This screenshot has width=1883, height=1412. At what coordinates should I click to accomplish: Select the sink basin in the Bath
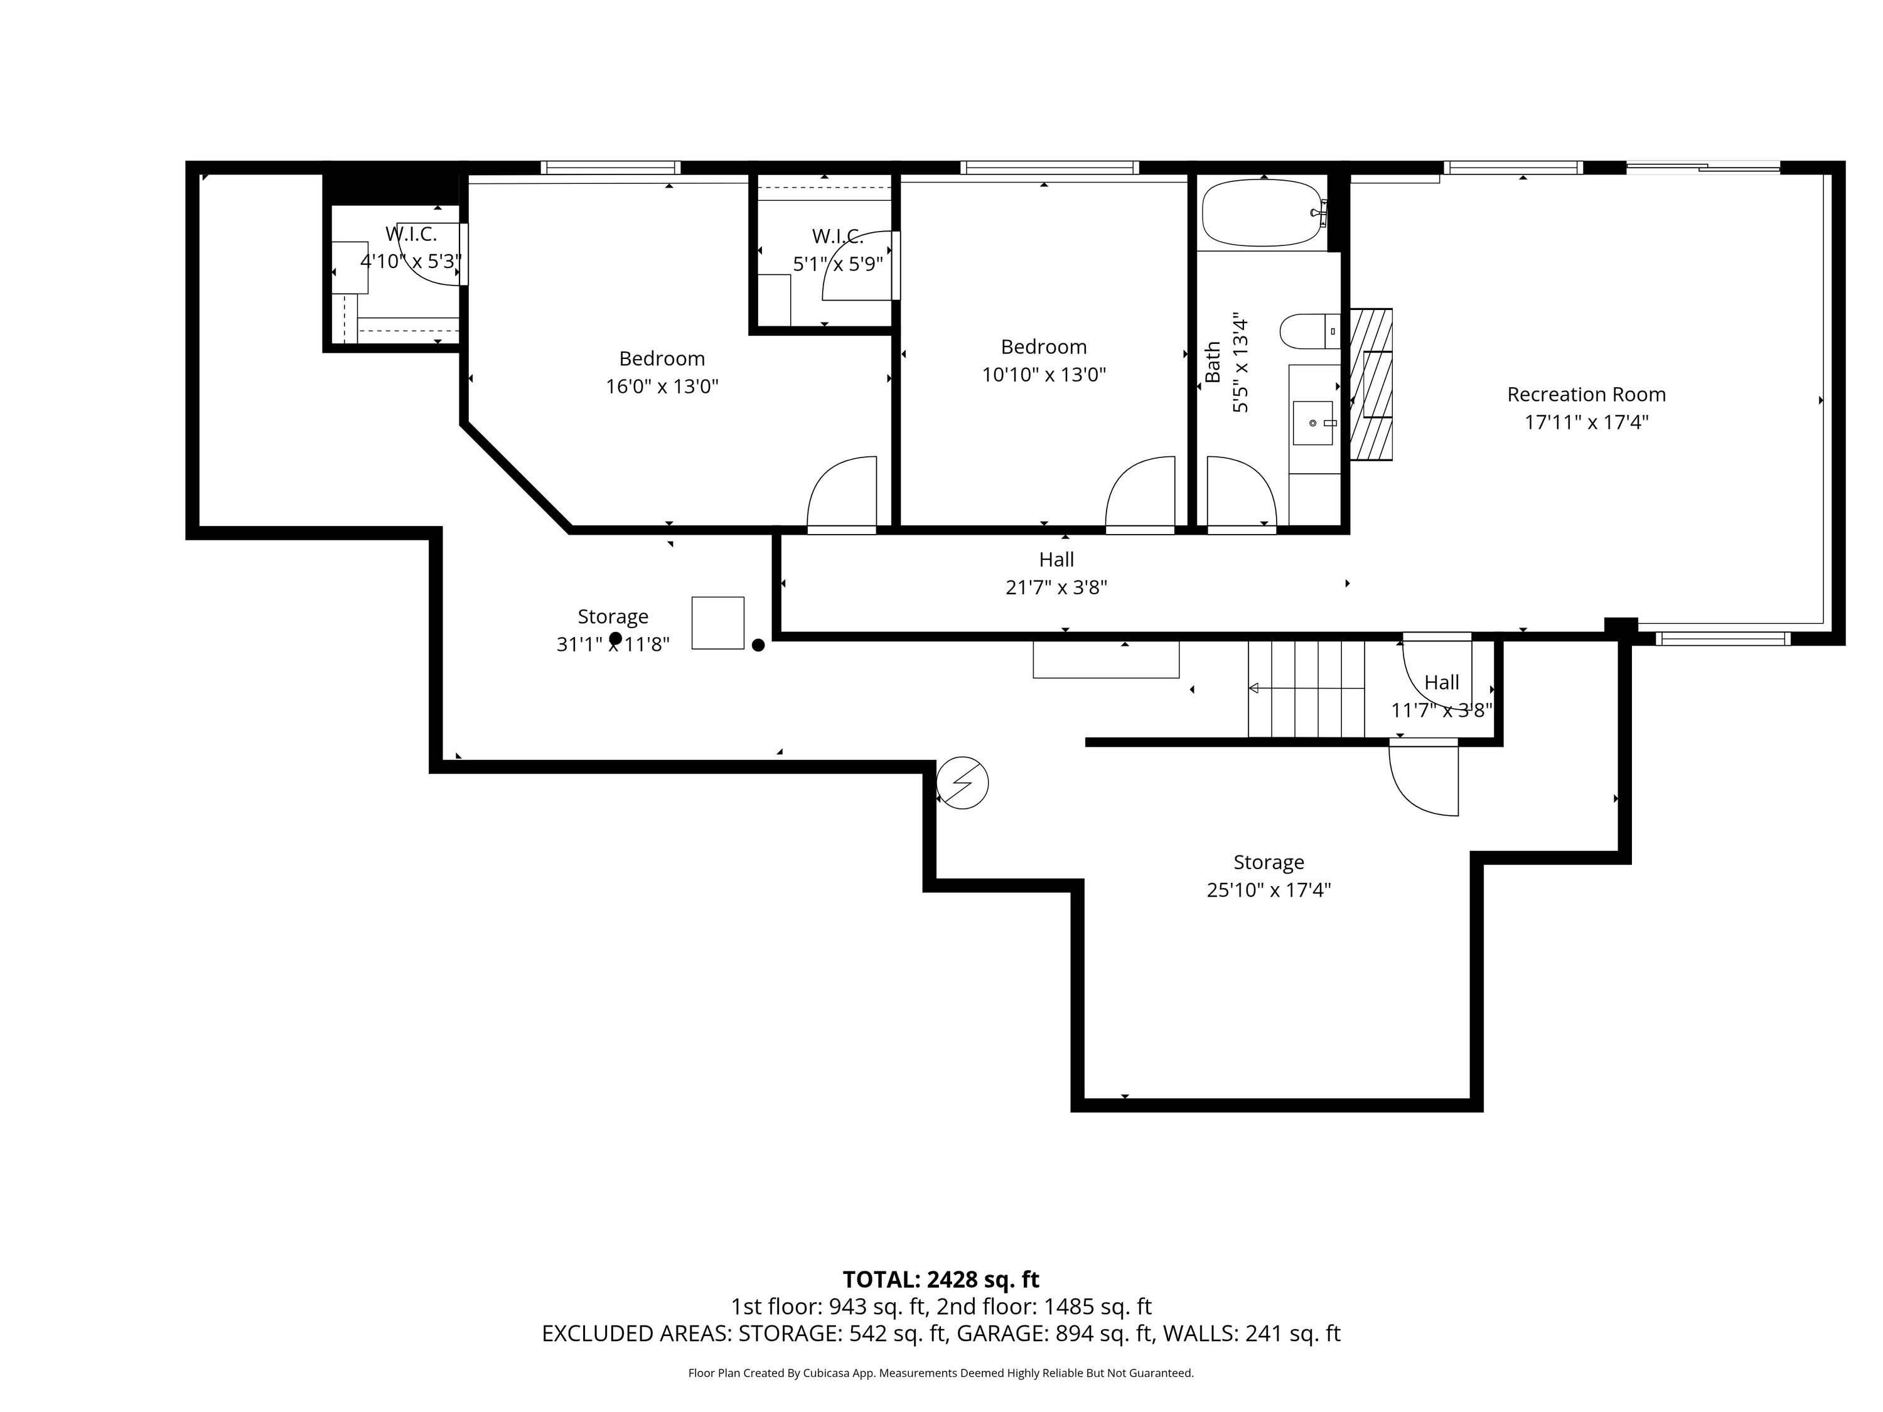point(1312,423)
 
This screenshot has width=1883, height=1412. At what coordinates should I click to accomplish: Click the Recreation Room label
point(1586,394)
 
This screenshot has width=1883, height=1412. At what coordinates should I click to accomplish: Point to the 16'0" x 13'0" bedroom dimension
point(662,387)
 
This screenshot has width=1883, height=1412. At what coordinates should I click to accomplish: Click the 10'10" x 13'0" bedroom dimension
point(1044,375)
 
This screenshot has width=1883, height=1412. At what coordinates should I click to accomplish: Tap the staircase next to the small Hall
point(1306,688)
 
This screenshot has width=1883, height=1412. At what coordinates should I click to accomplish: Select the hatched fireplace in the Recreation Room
point(1371,385)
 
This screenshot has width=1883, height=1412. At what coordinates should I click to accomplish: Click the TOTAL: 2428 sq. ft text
point(941,1279)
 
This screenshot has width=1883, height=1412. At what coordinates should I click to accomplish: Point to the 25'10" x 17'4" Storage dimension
point(1269,891)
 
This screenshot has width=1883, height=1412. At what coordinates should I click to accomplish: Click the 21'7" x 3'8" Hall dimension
point(1056,587)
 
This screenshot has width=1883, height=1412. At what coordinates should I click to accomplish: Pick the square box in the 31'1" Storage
point(717,623)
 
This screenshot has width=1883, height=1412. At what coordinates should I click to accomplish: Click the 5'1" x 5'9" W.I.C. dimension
point(838,264)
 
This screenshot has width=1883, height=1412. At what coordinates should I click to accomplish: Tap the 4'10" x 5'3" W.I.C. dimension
point(410,260)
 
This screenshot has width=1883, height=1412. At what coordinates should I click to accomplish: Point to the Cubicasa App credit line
point(941,1373)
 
